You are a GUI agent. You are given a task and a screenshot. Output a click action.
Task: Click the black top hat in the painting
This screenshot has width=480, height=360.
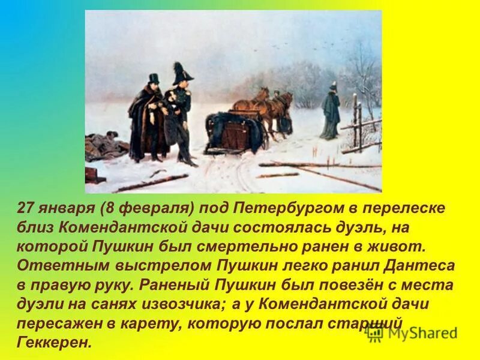coord(154,79)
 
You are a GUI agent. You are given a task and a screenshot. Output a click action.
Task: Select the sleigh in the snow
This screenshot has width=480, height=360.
coord(235,131)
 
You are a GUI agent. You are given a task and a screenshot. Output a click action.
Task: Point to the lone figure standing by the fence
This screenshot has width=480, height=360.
coord(329,110)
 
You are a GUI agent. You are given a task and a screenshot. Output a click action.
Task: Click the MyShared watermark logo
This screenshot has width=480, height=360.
coord(411,334)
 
